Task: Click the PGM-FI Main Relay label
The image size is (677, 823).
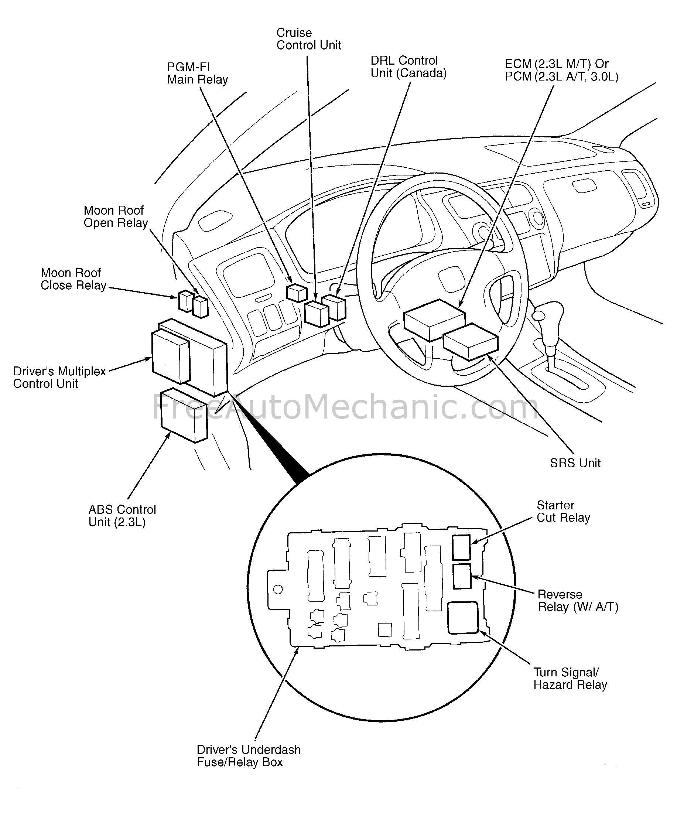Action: click(x=197, y=74)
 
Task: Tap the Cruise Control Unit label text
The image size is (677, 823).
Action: click(x=308, y=39)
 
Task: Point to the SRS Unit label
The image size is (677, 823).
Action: click(x=575, y=463)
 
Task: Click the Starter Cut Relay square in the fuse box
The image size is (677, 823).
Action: click(x=461, y=547)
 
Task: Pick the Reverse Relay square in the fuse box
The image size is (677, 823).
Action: click(x=462, y=576)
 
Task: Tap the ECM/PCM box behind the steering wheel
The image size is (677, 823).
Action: click(x=434, y=320)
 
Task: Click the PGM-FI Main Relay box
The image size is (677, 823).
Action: click(x=297, y=293)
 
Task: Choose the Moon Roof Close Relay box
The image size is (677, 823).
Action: click(x=186, y=301)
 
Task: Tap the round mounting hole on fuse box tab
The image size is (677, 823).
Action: click(x=278, y=589)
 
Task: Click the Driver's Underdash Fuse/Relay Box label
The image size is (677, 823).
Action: click(x=249, y=756)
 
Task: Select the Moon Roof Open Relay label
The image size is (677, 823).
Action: click(x=116, y=216)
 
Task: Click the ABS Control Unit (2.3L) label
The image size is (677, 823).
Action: click(x=122, y=516)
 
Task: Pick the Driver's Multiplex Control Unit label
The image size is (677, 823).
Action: click(x=59, y=377)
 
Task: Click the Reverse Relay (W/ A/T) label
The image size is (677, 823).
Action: click(x=578, y=601)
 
